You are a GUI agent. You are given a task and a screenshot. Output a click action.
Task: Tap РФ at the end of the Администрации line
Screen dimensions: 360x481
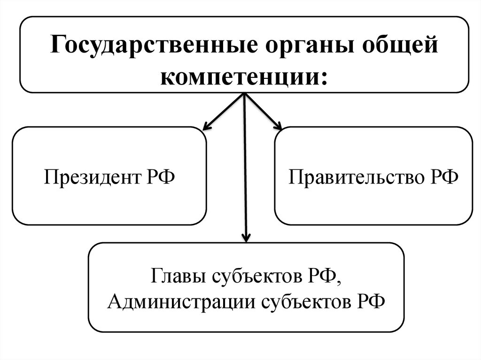[370, 300]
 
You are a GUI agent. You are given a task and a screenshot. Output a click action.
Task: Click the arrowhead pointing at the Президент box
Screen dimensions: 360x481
[206, 126]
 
